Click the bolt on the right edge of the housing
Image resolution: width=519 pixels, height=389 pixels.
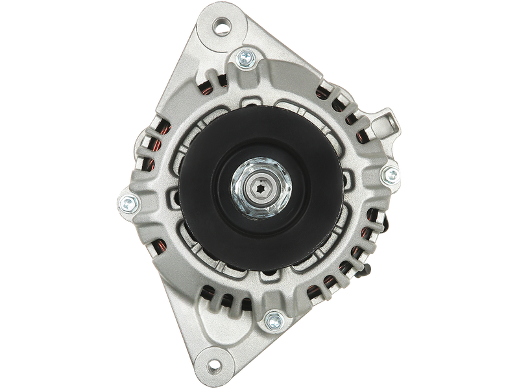click(x=390, y=173)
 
